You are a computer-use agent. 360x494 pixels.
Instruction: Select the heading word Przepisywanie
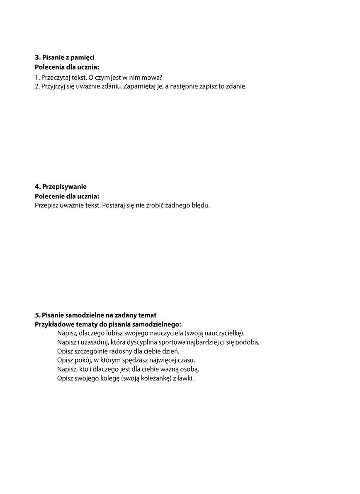pyautogui.click(x=64, y=187)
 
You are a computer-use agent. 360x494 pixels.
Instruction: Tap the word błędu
pyautogui.click(x=200, y=205)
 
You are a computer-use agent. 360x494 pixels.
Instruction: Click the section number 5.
pyautogui.click(x=36, y=316)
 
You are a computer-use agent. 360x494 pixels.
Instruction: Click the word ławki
pyautogui.click(x=185, y=379)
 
